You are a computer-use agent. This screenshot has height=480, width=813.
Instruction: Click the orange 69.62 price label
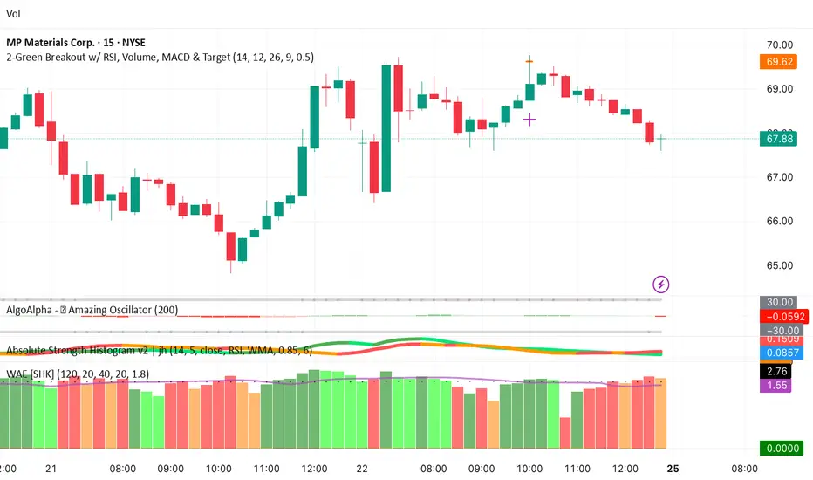pos(775,62)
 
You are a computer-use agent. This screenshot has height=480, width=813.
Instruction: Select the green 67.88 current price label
pos(775,138)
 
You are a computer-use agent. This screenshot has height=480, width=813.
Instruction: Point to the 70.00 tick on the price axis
pos(775,45)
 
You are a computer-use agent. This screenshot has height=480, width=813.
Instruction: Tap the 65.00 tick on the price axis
pos(775,265)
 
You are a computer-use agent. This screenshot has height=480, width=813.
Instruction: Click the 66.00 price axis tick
pos(775,221)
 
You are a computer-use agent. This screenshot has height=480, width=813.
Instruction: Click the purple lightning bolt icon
pos(661,284)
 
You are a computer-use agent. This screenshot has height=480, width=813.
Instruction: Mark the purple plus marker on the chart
pos(529,119)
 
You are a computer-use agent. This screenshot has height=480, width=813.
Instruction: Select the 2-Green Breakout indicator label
pos(160,57)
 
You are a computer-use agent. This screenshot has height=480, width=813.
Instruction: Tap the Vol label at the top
pos(13,14)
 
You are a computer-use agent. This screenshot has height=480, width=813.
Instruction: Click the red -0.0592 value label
pos(775,316)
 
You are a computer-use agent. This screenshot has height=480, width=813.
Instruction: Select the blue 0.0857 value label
pos(775,353)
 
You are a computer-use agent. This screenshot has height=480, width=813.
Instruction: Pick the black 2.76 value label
pos(775,371)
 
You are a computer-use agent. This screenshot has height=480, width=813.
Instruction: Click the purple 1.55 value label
pos(775,385)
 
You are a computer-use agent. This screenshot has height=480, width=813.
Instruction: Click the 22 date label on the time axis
pos(362,468)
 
